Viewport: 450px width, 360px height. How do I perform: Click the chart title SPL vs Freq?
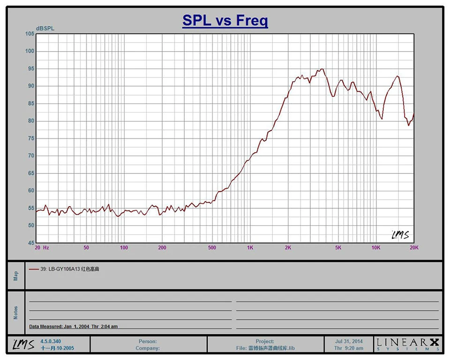(x=225, y=21)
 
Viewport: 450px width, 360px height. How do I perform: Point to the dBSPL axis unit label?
(x=45, y=29)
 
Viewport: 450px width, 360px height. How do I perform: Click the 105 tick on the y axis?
(x=30, y=34)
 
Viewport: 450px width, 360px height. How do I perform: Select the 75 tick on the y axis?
(x=31, y=138)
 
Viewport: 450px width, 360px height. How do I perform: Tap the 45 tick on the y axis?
(x=31, y=243)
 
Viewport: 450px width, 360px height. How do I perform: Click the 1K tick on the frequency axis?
(x=250, y=248)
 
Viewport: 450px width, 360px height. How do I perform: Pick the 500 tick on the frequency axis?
(x=212, y=248)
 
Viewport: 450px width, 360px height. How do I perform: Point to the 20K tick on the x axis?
(x=414, y=248)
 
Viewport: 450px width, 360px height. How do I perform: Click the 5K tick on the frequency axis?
(x=338, y=248)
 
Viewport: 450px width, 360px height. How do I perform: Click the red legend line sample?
(x=34, y=269)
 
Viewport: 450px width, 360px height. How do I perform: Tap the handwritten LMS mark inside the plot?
(x=400, y=235)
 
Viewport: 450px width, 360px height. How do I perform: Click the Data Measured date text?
(x=74, y=326)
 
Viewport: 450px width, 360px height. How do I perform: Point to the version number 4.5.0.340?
(x=51, y=341)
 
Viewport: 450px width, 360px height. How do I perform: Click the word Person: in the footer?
(x=148, y=341)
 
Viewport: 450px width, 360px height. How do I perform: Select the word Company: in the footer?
(x=148, y=348)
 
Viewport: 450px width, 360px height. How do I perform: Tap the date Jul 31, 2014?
(x=349, y=341)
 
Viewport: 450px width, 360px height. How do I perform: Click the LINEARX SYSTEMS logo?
(x=408, y=344)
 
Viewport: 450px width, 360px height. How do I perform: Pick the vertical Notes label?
(x=15, y=313)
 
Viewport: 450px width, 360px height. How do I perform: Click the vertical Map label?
(x=15, y=276)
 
